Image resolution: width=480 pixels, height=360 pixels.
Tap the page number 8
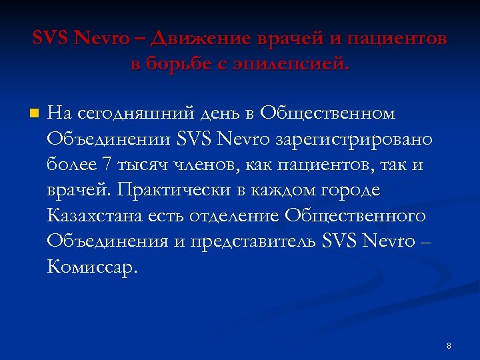[449, 345]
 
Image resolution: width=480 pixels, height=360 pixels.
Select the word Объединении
[109, 139]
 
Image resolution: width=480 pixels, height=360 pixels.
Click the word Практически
[175, 190]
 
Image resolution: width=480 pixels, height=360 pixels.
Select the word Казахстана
[93, 215]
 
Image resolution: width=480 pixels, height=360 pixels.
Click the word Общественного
[355, 215]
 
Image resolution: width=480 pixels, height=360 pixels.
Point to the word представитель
[255, 241]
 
